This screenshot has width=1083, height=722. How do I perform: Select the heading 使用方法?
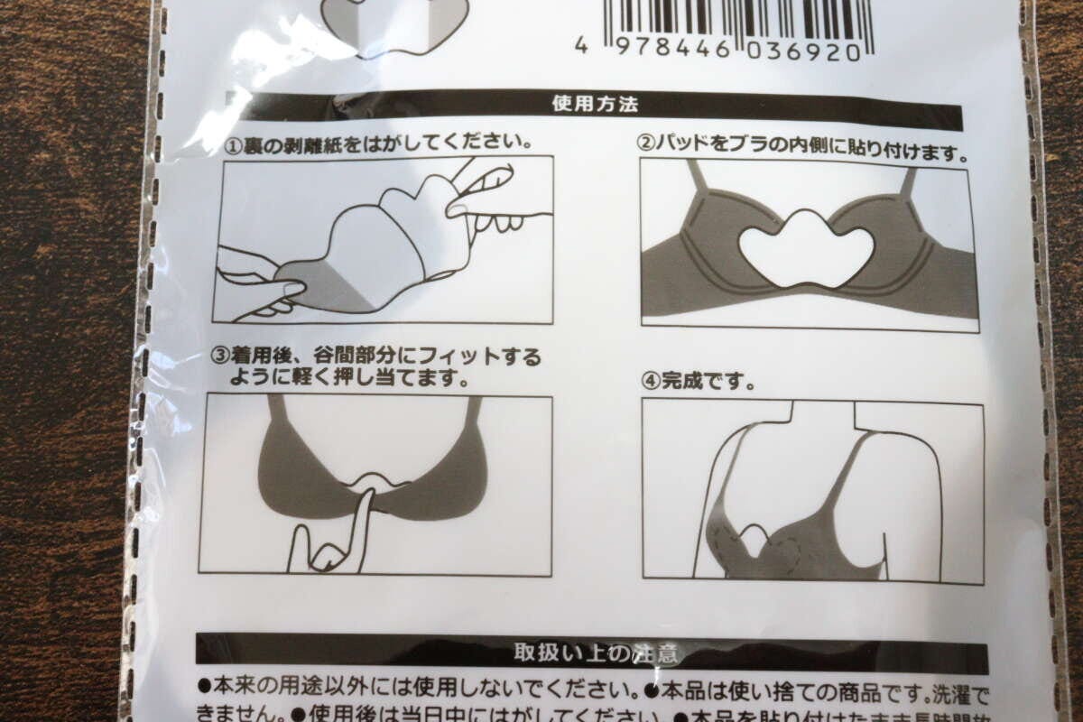tap(595, 104)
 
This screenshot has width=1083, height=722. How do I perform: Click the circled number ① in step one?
tap(232, 144)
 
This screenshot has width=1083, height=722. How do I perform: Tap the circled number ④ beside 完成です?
tap(651, 381)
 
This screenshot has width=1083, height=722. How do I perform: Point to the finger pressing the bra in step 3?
tap(361, 523)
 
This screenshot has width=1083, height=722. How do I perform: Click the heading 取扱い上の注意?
tap(595, 653)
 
